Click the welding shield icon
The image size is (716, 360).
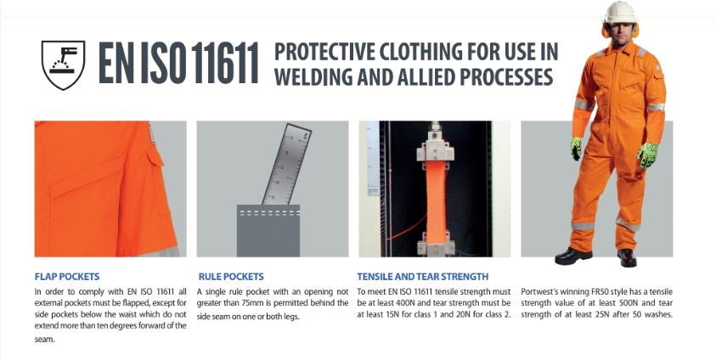pyautogui.click(x=63, y=65)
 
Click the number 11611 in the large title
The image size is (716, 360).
pyautogui.click(x=224, y=64)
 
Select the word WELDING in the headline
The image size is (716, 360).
pyautogui.click(x=313, y=76)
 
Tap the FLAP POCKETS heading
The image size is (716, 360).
pyautogui.click(x=66, y=277)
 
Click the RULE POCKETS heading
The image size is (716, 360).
pyautogui.click(x=231, y=277)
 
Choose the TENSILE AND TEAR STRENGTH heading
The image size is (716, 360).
pyautogui.click(x=423, y=277)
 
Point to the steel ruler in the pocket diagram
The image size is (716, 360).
pyautogui.click(x=287, y=164)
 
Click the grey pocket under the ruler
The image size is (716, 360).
pyautogui.click(x=268, y=231)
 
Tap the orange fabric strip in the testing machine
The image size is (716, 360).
pyautogui.click(x=436, y=200)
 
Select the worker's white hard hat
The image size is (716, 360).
pyautogui.click(x=620, y=12)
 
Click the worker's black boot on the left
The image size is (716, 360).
pyautogui.click(x=573, y=256)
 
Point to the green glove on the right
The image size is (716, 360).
pyautogui.click(x=647, y=155)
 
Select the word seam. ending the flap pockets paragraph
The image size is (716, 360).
pyautogui.click(x=44, y=340)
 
